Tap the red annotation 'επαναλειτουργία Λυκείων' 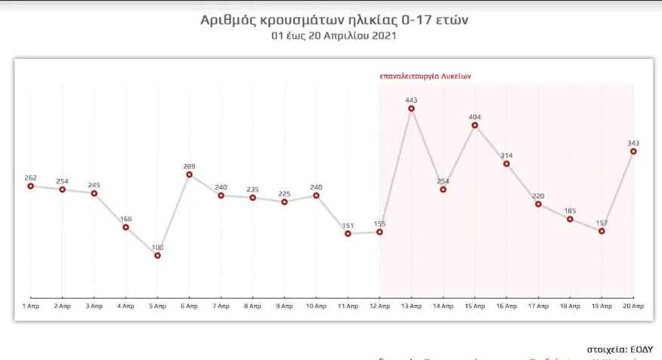[x=426, y=76]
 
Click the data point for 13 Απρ [x=411, y=109]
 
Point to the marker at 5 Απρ [x=158, y=256]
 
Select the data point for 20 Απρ [x=633, y=152]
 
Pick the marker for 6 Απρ [x=189, y=174]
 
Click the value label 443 [x=411, y=100]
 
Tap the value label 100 [x=158, y=247]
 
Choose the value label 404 [x=475, y=117]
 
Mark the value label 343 [x=633, y=142]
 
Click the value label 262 [x=31, y=177]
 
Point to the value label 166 [x=126, y=218]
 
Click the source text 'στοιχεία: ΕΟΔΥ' [x=619, y=349]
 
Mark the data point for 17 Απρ [x=538, y=204]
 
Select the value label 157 [x=602, y=223]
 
